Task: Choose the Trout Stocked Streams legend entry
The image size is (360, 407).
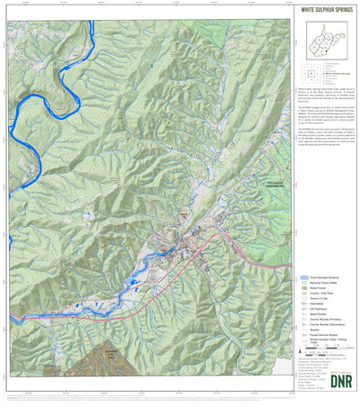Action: [323, 277]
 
